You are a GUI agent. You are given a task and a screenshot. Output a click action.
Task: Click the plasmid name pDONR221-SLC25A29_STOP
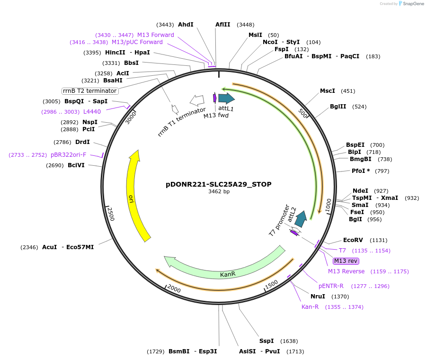pyautogui.click(x=219, y=184)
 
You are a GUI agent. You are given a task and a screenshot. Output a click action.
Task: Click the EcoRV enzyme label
pyautogui.click(x=353, y=240)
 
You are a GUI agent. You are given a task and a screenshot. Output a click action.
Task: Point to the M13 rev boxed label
pyautogui.click(x=346, y=261)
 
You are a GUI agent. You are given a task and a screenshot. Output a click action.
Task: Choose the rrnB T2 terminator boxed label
pyautogui.click(x=89, y=91)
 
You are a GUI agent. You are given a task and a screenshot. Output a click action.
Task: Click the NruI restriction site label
pyautogui.click(x=318, y=297)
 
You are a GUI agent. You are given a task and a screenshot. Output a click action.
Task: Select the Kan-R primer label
pyautogui.click(x=310, y=307)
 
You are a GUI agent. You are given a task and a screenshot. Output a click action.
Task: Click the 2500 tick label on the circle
pyautogui.click(x=110, y=214)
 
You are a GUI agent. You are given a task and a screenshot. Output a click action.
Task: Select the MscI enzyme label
pyautogui.click(x=327, y=91)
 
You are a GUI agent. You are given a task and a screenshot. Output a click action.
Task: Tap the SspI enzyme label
pyautogui.click(x=266, y=341)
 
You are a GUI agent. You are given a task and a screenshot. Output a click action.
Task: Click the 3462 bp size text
pyautogui.click(x=219, y=192)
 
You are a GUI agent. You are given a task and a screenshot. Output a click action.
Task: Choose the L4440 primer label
pyautogui.click(x=92, y=112)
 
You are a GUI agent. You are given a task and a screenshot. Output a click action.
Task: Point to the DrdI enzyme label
pyautogui.click(x=82, y=142)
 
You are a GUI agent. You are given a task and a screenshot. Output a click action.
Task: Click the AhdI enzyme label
pyautogui.click(x=186, y=25)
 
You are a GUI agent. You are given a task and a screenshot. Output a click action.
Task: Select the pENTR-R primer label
pyautogui.click(x=331, y=286)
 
